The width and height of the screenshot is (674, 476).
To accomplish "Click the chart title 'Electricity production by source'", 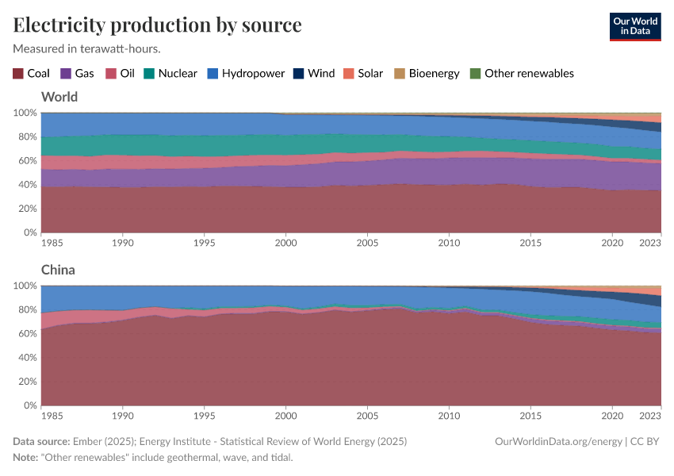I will pos(157,25).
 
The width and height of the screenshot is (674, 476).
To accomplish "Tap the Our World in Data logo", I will pos(634,25).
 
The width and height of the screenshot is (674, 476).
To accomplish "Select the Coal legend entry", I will pos(31,73).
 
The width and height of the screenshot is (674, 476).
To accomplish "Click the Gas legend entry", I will pos(77,73).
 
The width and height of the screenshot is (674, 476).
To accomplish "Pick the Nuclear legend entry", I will pos(170,73).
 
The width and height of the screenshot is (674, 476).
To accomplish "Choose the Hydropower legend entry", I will pos(246,73).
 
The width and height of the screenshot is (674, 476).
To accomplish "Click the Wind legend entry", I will pos(313,73).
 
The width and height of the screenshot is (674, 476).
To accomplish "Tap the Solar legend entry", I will pos(362,73).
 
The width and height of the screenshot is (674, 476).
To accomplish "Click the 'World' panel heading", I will pos(59,97).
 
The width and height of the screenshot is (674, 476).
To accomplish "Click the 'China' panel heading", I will pos(58,270).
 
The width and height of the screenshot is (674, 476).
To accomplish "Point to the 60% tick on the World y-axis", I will pos(25,161).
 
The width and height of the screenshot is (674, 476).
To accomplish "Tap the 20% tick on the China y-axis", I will pos(25,382).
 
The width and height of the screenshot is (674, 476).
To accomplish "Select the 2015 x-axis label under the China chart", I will pos(530,415).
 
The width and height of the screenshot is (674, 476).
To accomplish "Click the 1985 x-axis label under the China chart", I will pos(52,415).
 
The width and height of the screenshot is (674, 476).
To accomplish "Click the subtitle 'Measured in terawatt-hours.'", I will pos(87,48).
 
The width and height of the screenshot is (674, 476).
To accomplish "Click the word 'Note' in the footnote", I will pos(25,457).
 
